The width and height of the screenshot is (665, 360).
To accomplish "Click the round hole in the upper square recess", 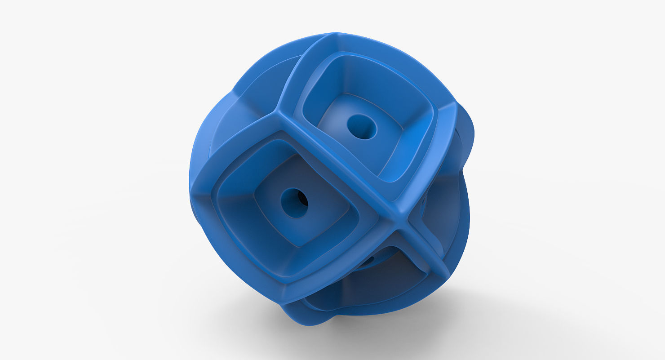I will click(362, 126).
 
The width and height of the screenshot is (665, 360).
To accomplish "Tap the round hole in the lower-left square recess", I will click(295, 203).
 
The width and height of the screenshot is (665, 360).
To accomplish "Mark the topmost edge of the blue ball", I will click(337, 34).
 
